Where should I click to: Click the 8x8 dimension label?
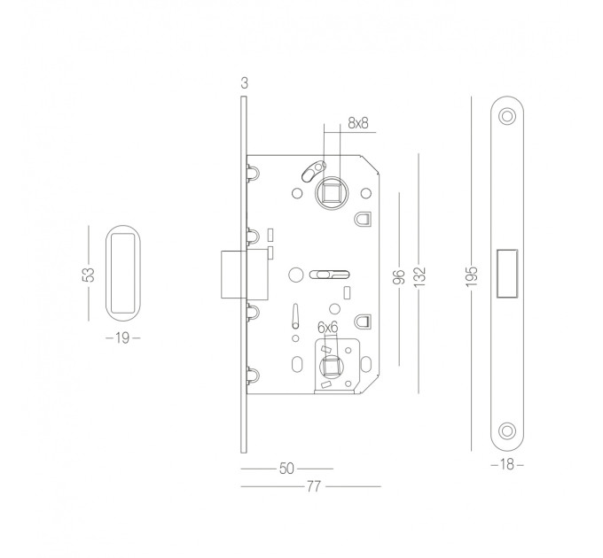coord(357,123)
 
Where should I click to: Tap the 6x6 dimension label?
coord(327,328)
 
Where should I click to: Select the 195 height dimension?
coord(471,275)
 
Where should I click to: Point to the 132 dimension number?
coord(419,276)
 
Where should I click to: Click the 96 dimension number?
coord(400,277)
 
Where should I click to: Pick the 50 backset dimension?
coord(286,469)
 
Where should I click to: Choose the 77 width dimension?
coord(313,486)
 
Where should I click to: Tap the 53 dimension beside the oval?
coord(89,275)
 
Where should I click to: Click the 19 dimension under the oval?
coord(122,338)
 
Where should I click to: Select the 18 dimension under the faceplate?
coord(507,465)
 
